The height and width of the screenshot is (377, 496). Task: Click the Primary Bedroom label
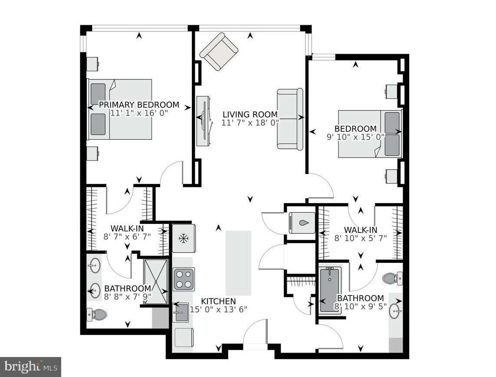(139, 105)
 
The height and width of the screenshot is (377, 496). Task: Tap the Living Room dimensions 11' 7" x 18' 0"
(250, 123)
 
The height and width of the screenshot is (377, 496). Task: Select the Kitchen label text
(219, 301)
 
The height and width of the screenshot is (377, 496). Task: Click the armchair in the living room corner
(219, 52)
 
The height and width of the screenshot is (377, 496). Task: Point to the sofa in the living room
(290, 118)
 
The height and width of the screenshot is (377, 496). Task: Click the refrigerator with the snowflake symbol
(184, 239)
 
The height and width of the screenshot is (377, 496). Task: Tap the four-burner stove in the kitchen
(184, 279)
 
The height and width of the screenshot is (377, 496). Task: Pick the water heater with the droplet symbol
(302, 223)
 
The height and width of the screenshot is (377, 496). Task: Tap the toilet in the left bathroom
(97, 315)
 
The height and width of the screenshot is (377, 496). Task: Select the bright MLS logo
(31, 367)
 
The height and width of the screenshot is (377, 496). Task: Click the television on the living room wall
(204, 121)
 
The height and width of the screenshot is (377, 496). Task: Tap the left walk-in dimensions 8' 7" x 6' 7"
(127, 236)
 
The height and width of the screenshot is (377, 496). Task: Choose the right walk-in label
(361, 230)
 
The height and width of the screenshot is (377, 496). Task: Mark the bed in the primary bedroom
(120, 109)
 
